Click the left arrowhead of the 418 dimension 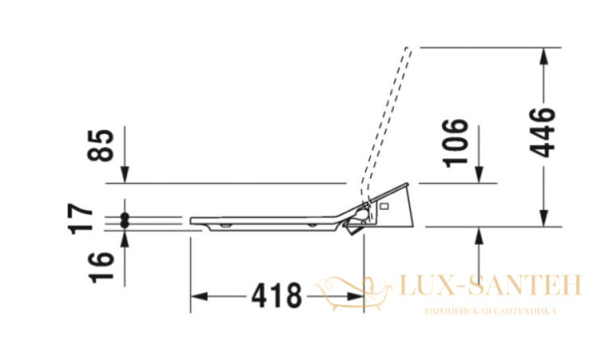(197, 295)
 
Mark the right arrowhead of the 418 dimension (357, 295)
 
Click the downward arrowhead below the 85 (124, 176)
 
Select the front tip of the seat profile (190, 219)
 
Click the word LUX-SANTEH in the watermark (489, 287)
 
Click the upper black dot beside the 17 (124, 216)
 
